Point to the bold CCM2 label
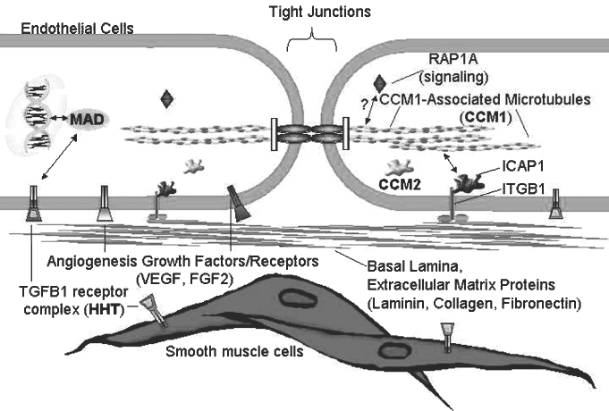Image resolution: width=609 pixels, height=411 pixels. [401, 185]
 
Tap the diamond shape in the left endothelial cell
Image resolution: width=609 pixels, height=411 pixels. [166, 99]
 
